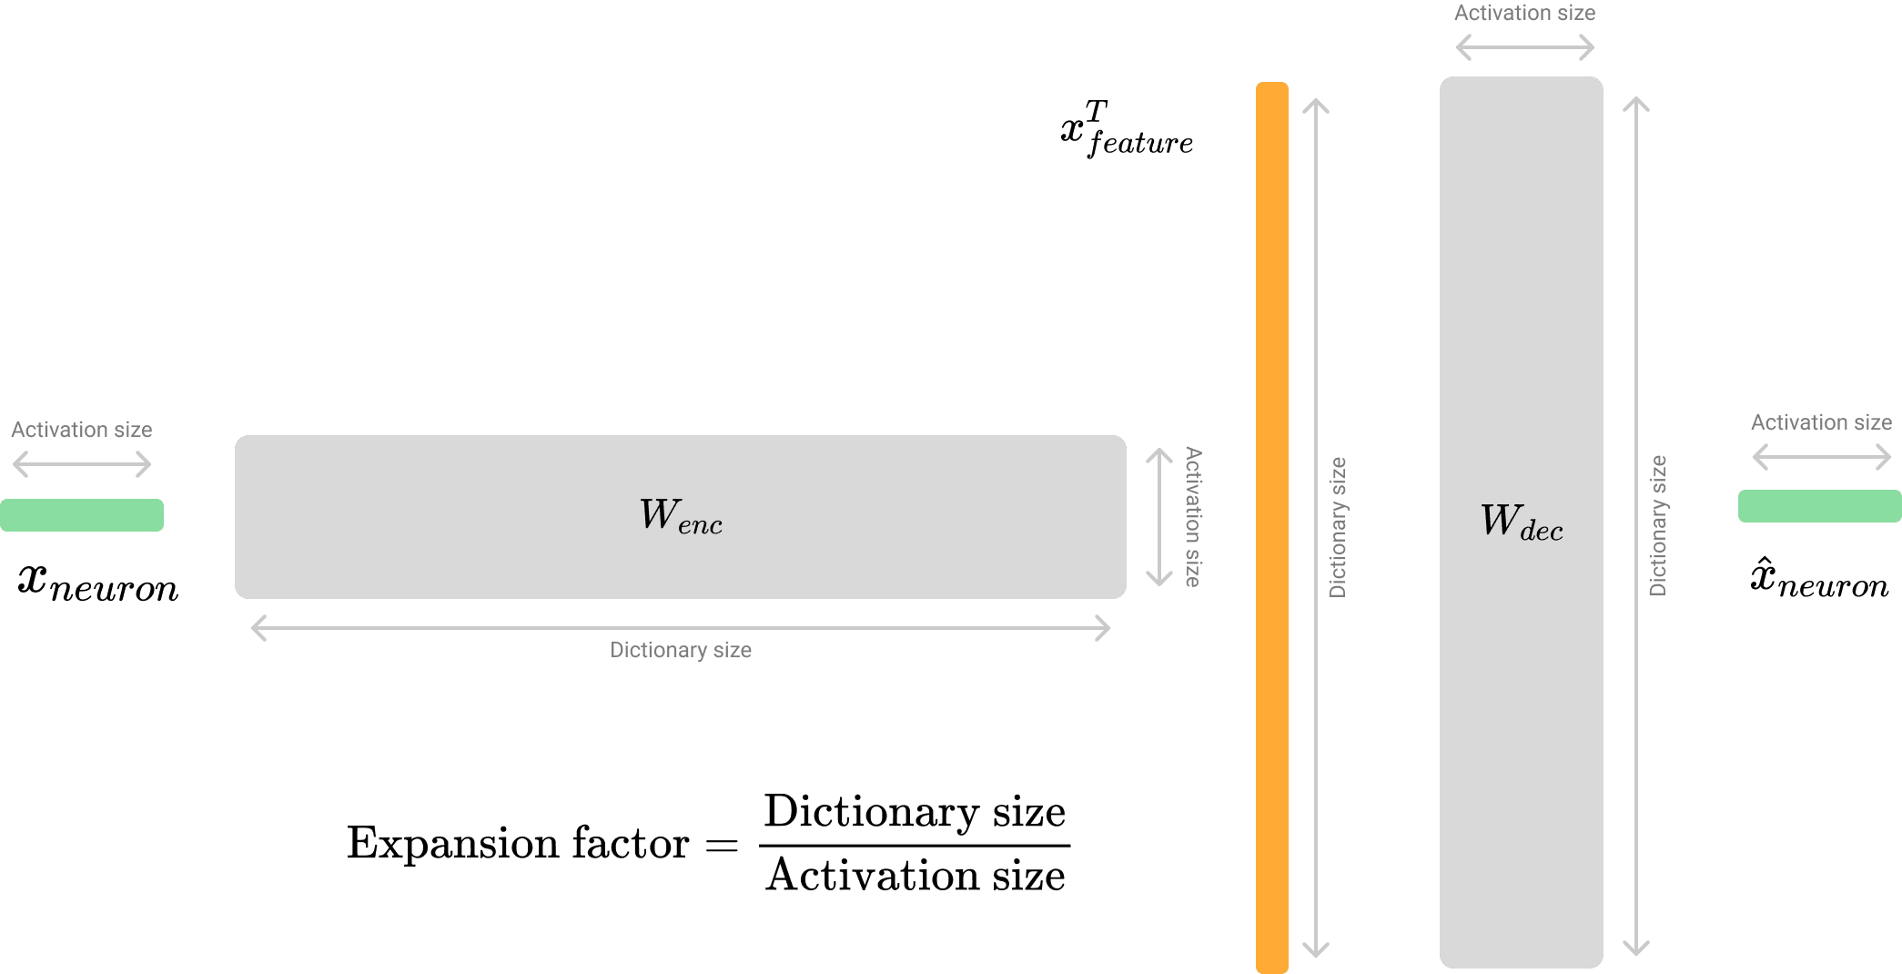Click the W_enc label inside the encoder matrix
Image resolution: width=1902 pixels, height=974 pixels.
pos(681,516)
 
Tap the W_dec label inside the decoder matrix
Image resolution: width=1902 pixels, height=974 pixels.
pos(1521,523)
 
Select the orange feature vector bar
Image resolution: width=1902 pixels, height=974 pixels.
pos(1271,528)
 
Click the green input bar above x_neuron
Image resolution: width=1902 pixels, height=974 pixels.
pos(82,515)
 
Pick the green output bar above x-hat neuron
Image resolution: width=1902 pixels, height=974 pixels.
pos(1819,506)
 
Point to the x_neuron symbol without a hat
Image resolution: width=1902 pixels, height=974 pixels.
pos(98,583)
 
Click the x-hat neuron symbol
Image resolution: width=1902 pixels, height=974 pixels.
pos(1819,579)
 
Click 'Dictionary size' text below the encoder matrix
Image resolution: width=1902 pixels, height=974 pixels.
pos(681,650)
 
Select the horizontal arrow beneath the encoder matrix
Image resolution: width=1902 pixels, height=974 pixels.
pos(681,628)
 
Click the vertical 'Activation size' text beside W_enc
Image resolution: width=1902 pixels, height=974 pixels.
pos(1192,516)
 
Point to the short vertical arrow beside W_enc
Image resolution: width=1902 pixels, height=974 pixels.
pos(1158,516)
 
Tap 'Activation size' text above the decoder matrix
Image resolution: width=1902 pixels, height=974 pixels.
pos(1524,14)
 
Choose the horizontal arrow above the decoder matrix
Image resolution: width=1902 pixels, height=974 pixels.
pos(1524,47)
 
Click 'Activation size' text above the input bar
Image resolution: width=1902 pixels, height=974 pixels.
pos(82,430)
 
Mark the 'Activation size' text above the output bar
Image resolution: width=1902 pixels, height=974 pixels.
pos(1821,422)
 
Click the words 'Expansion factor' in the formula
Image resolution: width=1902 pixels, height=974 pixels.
pos(517,843)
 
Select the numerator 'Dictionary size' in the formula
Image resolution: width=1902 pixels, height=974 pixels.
pos(915,812)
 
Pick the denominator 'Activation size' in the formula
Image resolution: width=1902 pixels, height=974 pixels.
pos(915,876)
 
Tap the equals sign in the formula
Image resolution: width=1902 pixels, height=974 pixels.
pos(722,845)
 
